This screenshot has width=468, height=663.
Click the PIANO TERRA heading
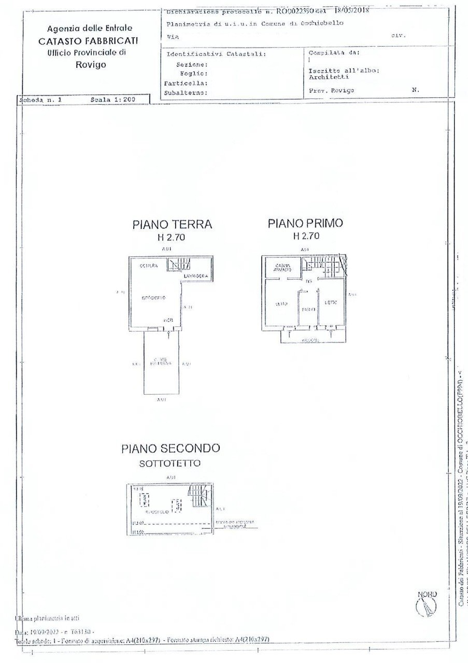tap(172, 224)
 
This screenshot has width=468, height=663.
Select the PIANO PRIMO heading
tap(305, 223)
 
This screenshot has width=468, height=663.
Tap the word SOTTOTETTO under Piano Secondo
tap(169, 464)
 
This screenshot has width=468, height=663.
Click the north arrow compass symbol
tap(426, 604)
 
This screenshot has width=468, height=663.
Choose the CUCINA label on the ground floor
tap(149, 266)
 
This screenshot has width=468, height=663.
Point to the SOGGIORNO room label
tap(153, 298)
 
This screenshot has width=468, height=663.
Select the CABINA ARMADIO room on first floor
tap(283, 268)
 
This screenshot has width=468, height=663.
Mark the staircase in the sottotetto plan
tap(199, 496)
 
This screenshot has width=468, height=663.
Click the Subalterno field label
tap(186, 93)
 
